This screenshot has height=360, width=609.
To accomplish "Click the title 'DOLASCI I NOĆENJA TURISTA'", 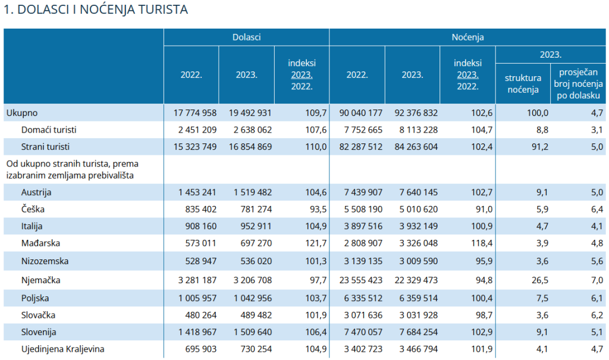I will point(96,10).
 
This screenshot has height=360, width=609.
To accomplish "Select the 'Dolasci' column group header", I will point(246,37).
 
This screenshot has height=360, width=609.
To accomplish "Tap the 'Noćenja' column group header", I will point(467,37).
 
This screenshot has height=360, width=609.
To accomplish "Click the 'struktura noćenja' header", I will point(523,84).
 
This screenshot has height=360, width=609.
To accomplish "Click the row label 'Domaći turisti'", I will point(49,129).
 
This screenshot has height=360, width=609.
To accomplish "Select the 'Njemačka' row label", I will point(41,280).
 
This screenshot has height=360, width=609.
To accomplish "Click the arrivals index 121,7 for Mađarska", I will point(316,243).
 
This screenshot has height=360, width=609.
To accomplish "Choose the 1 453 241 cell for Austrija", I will point(193,192).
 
